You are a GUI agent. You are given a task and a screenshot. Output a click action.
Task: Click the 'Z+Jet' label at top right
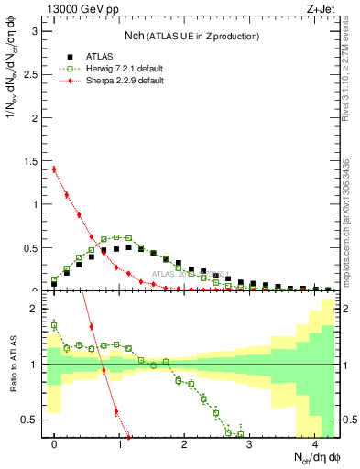320,10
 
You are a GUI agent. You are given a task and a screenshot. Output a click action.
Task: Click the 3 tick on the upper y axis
36,30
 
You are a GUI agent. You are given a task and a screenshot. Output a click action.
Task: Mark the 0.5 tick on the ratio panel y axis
32,420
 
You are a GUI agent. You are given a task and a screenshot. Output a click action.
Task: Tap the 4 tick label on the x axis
314,444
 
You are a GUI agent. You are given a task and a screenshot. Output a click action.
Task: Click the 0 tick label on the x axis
55,444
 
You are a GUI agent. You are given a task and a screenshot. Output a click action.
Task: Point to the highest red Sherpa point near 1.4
54,169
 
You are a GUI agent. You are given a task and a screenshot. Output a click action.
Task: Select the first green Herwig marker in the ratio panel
54,324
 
